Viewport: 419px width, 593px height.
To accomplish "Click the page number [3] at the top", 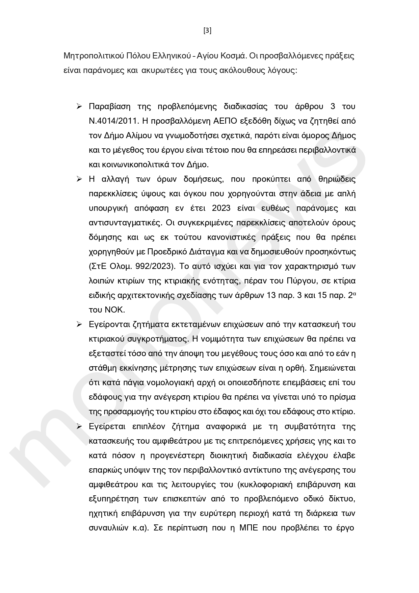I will tap(208, 31).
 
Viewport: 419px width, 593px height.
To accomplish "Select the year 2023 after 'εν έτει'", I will tap(221, 208).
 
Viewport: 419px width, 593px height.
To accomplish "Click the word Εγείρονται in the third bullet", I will tap(109, 325).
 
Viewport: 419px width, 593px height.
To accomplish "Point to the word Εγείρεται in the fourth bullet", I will tap(107, 427).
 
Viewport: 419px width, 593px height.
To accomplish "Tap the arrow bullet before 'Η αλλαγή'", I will tap(79, 179).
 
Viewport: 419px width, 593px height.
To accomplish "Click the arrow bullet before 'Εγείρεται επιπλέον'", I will tap(79, 426).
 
